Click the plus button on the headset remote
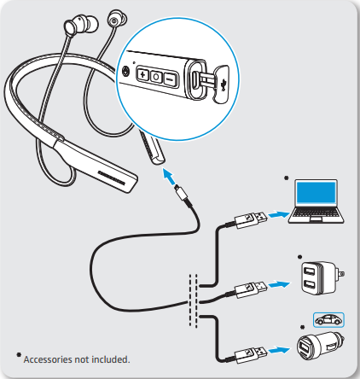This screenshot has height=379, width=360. click(142, 75)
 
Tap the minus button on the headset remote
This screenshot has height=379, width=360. click(170, 80)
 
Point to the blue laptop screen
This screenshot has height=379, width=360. click(316, 193)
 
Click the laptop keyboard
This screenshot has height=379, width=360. click(316, 213)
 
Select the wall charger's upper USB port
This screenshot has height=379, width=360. click(309, 271)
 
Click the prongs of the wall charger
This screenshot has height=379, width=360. click(340, 274)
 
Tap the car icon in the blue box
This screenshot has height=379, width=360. click(328, 319)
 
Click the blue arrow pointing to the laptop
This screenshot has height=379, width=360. click(280, 214)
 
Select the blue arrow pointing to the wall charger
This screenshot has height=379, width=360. click(279, 284)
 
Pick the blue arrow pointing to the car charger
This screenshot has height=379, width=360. click(279, 350)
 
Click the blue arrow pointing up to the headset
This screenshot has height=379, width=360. click(170, 176)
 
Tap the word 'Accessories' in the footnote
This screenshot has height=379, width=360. click(48, 359)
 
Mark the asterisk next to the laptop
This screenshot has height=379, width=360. click(287, 178)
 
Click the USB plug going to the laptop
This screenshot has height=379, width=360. click(251, 219)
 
